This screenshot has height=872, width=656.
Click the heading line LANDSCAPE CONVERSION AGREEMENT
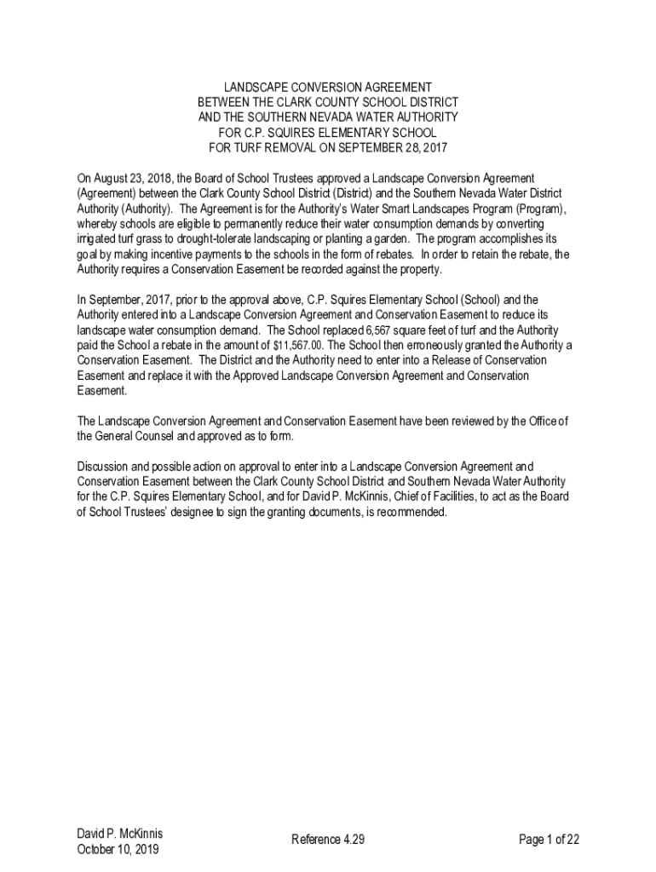coord(328,88)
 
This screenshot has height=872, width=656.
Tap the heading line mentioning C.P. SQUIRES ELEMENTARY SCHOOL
coord(328,133)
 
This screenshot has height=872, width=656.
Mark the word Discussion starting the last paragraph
coord(101,467)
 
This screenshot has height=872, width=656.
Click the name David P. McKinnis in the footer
coord(119,834)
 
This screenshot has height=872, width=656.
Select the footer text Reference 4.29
coord(328,840)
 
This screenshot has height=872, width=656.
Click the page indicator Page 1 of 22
coord(549,840)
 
